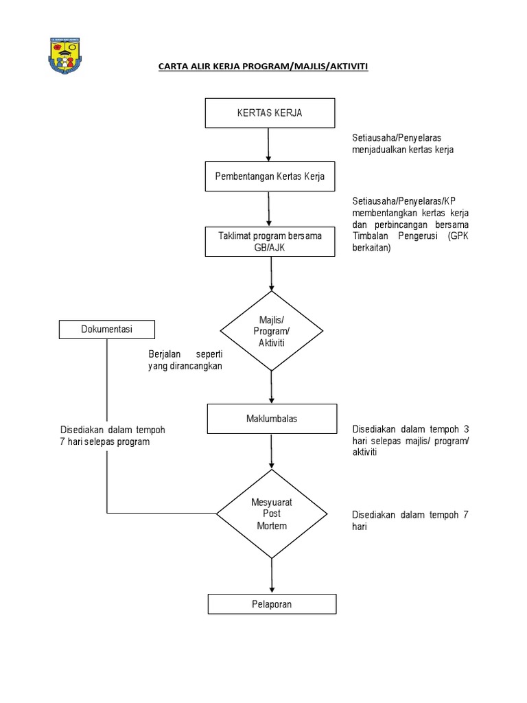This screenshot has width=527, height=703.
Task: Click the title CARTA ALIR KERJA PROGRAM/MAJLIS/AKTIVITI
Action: coord(263,67)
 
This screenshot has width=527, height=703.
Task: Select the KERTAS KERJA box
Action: coord(270,113)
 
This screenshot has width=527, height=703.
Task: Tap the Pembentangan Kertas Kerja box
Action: coord(270,176)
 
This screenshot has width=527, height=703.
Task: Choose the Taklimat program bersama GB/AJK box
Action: coord(270,242)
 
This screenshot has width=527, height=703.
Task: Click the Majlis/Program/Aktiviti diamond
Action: coord(272,332)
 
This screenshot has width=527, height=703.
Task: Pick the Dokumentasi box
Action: coord(106,330)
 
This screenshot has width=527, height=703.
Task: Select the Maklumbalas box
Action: coord(272,419)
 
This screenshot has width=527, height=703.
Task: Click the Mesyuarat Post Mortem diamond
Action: coord(272,514)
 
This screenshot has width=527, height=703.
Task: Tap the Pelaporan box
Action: coord(272,604)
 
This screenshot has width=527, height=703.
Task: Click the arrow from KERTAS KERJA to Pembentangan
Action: coord(268,144)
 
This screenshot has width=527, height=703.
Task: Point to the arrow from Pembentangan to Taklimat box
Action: coord(268,209)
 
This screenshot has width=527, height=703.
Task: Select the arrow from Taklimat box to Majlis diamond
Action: coord(272,273)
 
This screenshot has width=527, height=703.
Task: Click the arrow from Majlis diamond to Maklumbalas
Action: coord(272,387)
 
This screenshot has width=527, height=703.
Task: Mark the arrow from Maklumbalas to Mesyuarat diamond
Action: coord(272,451)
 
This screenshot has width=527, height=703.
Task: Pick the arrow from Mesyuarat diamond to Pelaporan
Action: coord(272,575)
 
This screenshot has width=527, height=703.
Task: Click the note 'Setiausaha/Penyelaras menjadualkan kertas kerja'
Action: coord(403,143)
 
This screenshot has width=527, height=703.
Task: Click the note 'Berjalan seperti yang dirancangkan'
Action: coord(185,360)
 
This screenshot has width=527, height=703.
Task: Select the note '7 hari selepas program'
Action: coord(104,442)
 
